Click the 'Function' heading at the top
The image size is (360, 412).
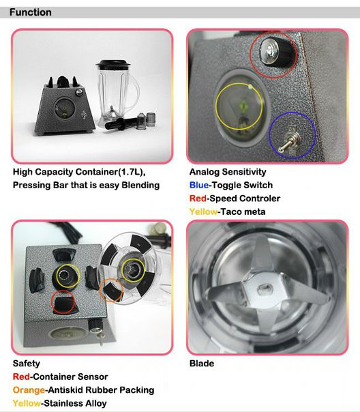(x=31, y=12)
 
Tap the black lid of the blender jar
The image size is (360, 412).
(x=113, y=64)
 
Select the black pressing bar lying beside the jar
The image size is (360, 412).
(x=121, y=123)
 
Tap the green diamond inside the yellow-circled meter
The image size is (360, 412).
(x=243, y=106)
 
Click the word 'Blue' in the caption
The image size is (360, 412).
(x=199, y=186)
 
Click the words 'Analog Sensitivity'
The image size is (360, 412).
(x=228, y=172)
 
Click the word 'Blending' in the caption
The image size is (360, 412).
(x=140, y=186)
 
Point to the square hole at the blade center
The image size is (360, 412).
(x=265, y=290)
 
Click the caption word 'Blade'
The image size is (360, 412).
(x=202, y=364)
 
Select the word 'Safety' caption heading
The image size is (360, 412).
(x=27, y=364)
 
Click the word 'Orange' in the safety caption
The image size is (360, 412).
(x=29, y=390)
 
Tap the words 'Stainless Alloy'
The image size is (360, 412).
(x=75, y=403)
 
